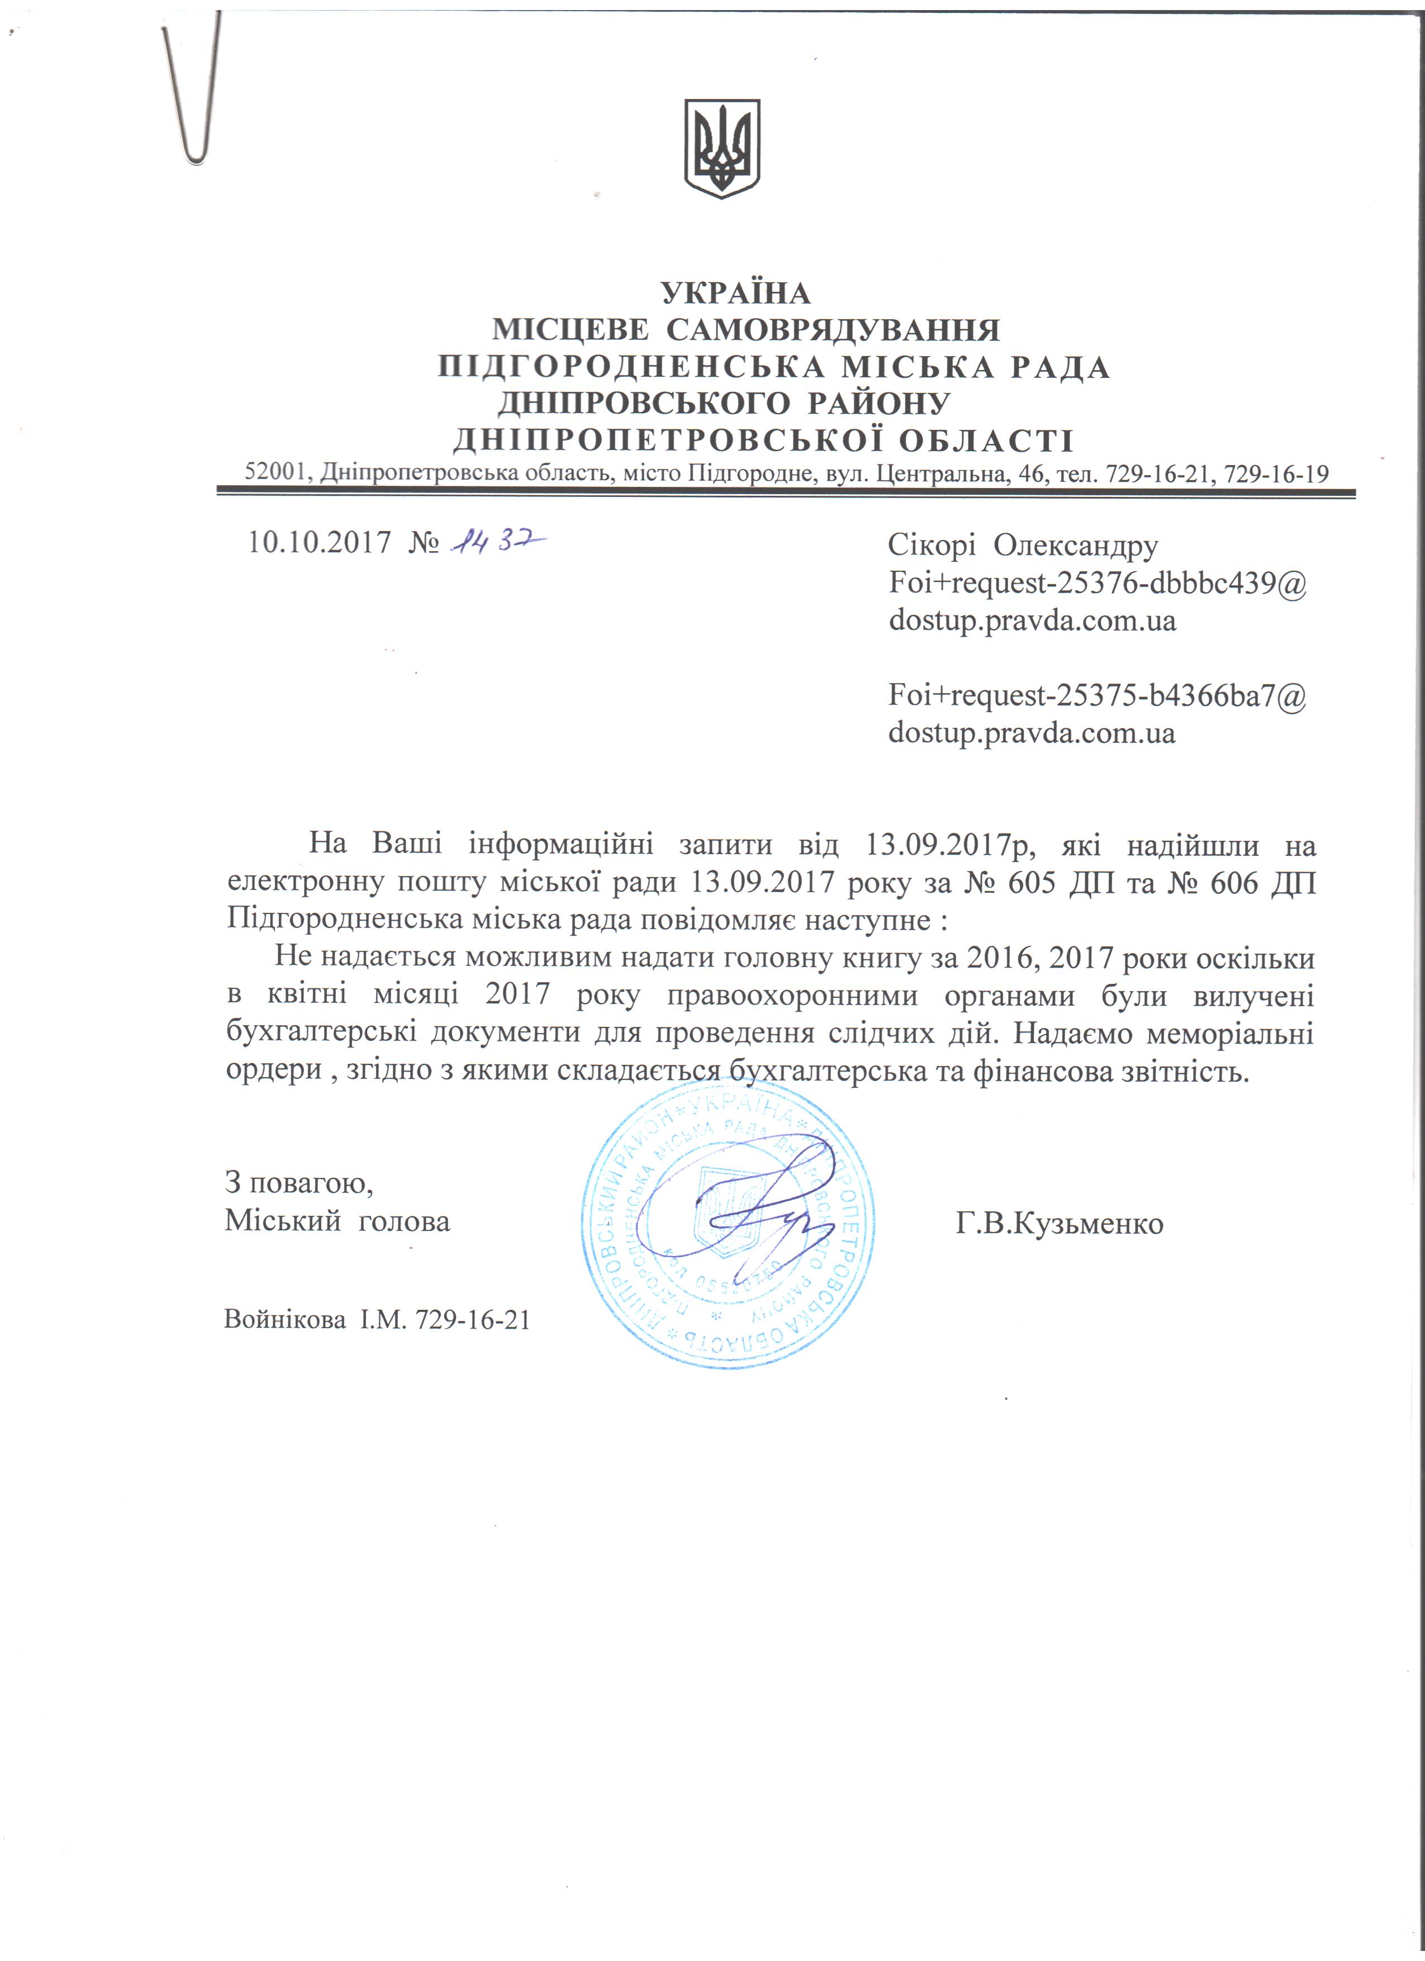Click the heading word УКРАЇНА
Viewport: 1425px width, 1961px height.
737,294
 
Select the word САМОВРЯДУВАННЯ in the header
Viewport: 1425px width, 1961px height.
833,330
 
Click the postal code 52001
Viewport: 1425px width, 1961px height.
275,473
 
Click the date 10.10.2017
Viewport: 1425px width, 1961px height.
320,543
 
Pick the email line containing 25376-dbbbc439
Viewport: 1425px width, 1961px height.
1096,583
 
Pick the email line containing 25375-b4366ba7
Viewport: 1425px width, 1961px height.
1096,695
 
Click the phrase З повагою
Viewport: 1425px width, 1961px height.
299,1182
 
